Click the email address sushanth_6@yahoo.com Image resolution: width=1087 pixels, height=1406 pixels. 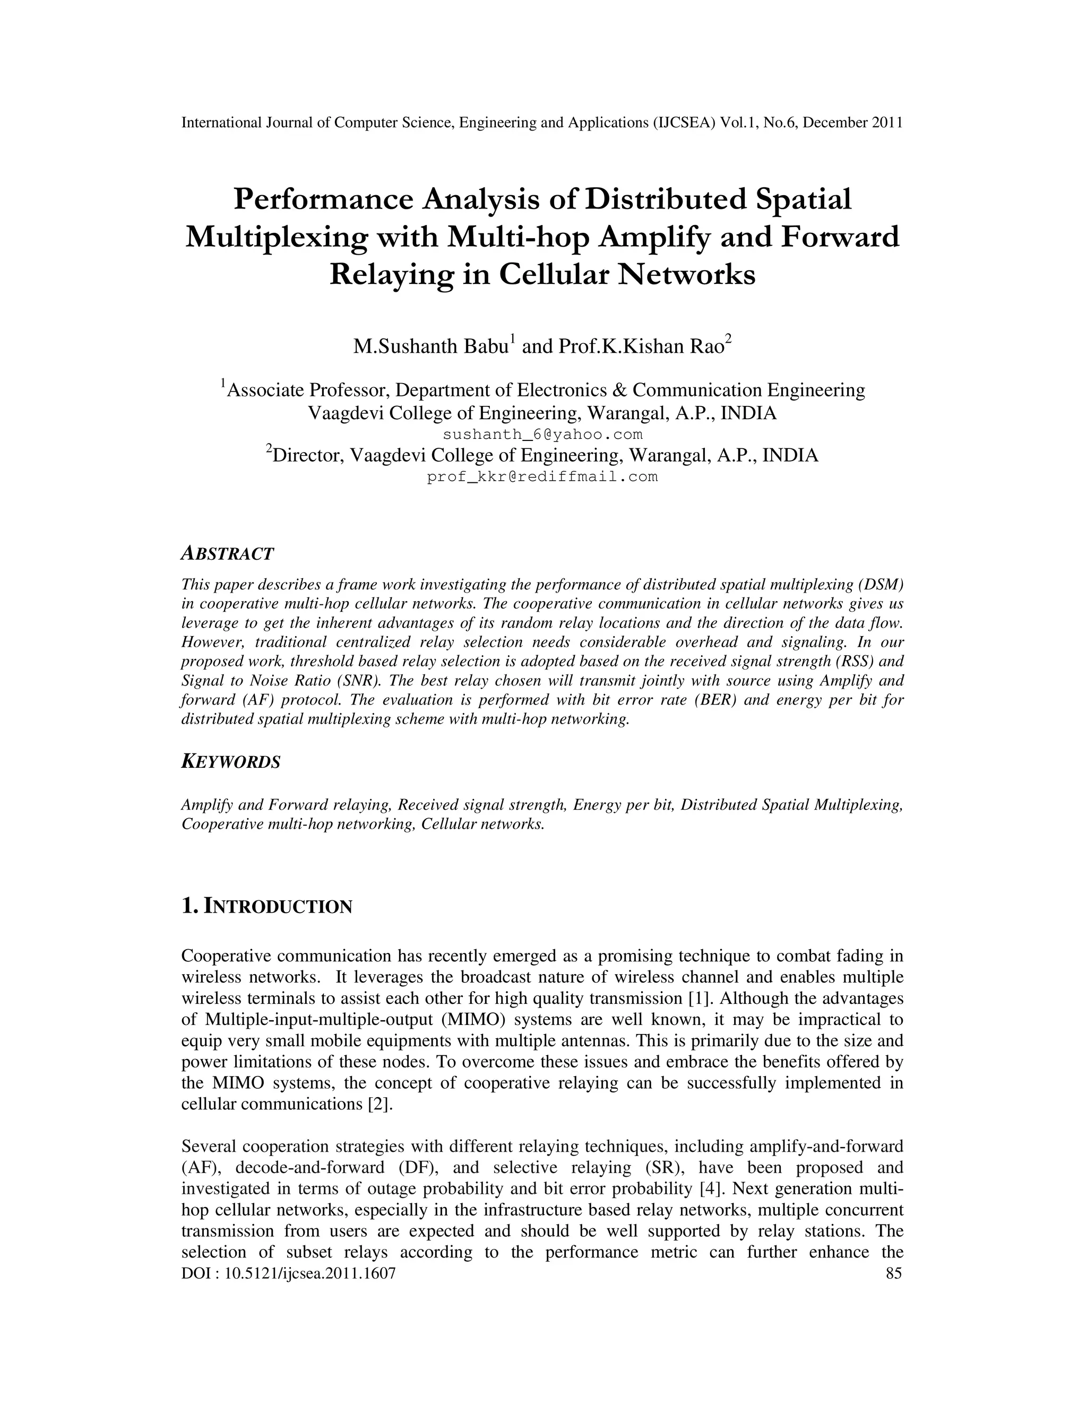pos(543,435)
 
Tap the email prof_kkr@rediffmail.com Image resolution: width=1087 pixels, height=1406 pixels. pos(542,477)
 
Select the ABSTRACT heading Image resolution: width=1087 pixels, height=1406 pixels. pos(227,553)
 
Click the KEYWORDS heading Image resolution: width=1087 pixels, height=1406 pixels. pos(231,762)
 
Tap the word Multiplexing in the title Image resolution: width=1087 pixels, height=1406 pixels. pos(277,238)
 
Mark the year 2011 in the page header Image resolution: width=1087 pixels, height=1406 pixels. pos(887,123)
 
